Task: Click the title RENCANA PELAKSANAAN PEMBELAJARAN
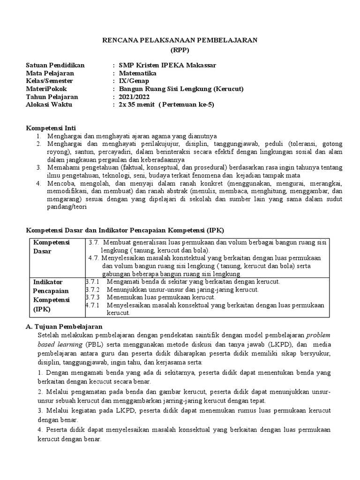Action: [x=180, y=41]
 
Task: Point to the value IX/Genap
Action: [x=133, y=81]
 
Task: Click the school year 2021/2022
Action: [x=133, y=97]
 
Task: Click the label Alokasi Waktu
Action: [x=49, y=105]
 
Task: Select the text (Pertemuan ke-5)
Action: [x=187, y=105]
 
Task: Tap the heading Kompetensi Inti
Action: [x=50, y=128]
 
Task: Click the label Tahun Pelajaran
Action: [x=52, y=97]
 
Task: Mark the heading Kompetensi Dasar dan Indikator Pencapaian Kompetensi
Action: [x=125, y=230]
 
